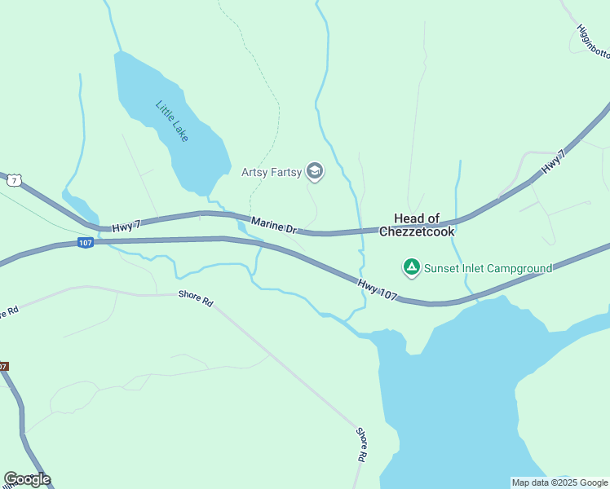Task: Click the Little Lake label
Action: point(172,121)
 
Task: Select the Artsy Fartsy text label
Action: point(272,172)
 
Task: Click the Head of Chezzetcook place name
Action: point(417,225)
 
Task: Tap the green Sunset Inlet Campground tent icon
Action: point(412,267)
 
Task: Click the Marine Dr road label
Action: point(273,224)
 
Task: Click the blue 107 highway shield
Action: point(86,242)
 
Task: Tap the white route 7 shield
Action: point(12,180)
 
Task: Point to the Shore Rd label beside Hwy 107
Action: point(196,299)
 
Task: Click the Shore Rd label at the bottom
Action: point(360,445)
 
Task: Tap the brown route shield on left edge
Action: point(3,366)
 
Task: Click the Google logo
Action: point(27,479)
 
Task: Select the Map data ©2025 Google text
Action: point(559,482)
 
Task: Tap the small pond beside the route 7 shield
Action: point(75,204)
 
